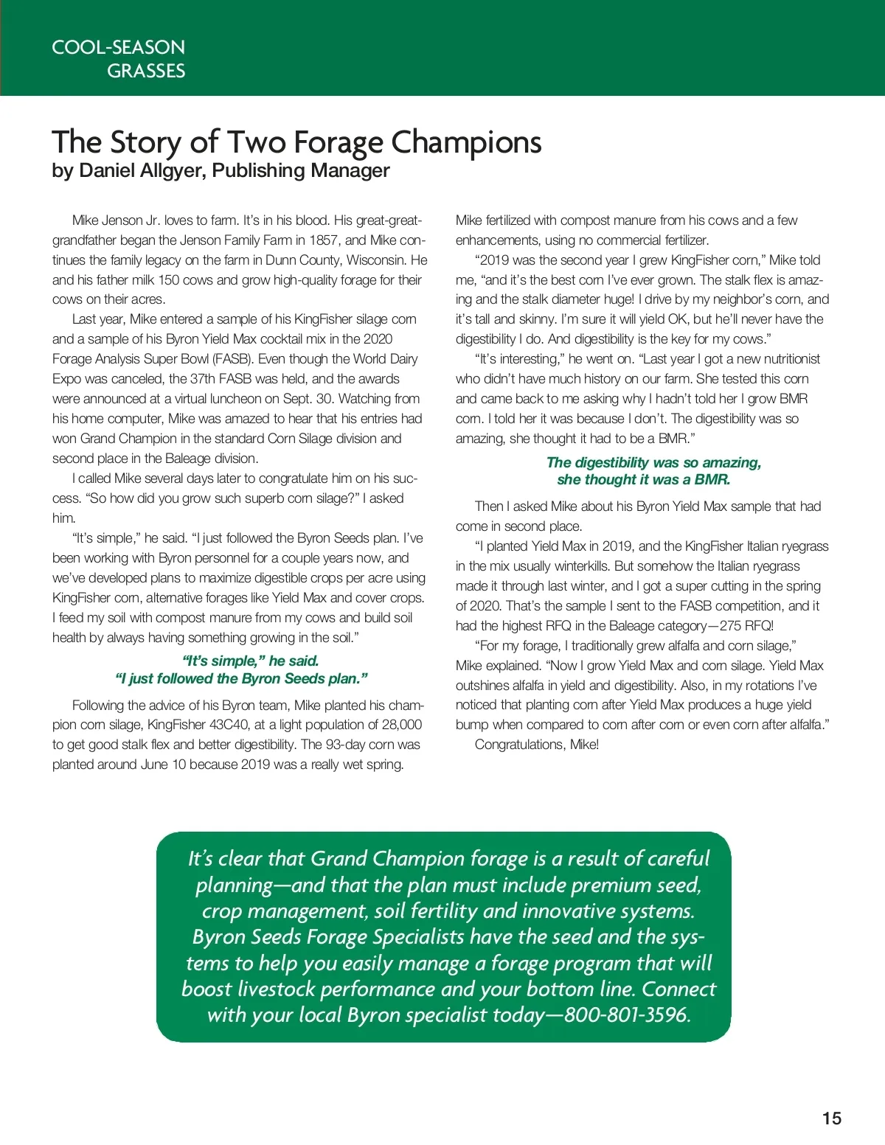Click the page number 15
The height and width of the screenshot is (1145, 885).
pos(831,1118)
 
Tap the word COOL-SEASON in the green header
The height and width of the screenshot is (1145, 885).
pos(118,47)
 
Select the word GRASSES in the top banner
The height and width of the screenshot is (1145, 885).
pos(146,71)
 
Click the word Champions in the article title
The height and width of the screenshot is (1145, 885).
pos(466,142)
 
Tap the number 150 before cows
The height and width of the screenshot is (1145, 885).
pos(168,279)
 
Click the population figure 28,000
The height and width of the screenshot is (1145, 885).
pos(398,724)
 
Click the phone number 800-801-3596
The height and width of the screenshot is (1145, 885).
pos(626,1015)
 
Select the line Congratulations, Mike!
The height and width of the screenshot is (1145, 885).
pos(537,744)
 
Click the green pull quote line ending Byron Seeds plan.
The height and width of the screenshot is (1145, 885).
pos(241,678)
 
